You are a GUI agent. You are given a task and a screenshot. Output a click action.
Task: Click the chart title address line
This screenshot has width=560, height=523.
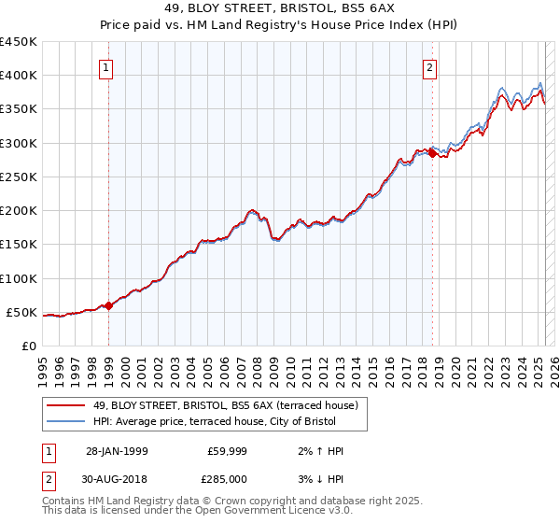[x=279, y=11]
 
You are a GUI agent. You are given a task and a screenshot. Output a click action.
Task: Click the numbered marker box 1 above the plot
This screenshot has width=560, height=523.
[x=106, y=67]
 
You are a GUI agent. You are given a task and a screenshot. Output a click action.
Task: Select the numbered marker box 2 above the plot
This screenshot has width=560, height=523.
[x=429, y=67]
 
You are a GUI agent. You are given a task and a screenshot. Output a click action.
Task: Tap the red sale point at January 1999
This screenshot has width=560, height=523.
[x=108, y=304]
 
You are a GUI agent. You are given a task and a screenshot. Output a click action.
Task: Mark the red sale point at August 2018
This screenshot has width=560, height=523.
[x=432, y=153]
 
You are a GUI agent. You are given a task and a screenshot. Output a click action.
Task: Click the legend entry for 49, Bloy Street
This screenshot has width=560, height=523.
[x=224, y=405]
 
